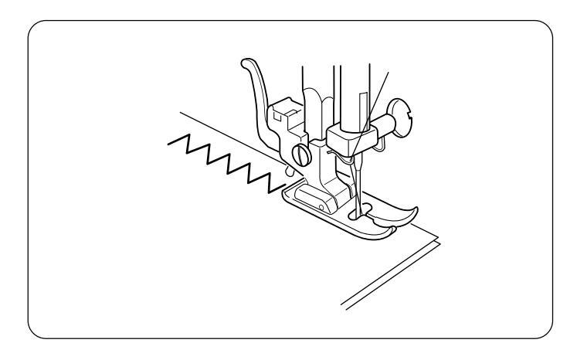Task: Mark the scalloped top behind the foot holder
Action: (x=314, y=93)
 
